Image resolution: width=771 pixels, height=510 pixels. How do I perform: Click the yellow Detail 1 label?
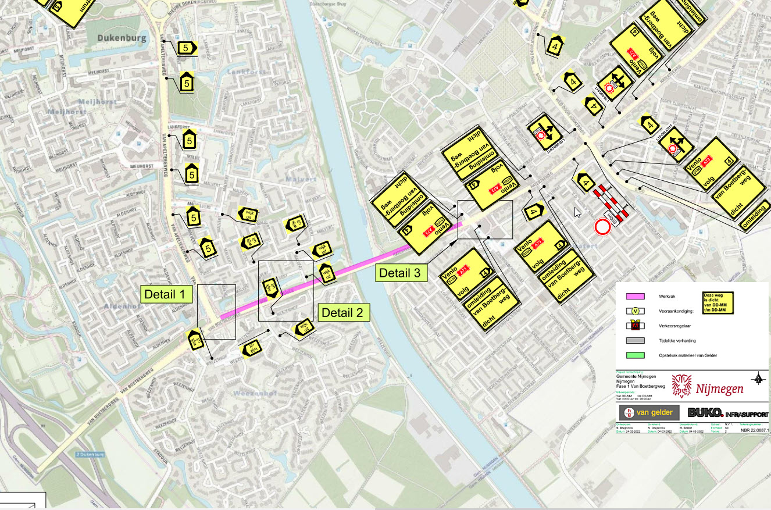[x=167, y=294]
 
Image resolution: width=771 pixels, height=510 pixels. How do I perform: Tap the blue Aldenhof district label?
[x=119, y=306]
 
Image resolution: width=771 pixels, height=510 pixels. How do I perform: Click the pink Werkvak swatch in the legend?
[x=635, y=297]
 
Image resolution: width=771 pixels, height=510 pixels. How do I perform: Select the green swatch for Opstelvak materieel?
[x=635, y=355]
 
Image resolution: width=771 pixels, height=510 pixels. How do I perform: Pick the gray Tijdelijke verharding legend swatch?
[x=635, y=341]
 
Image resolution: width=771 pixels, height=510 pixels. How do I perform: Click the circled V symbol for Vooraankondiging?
[x=635, y=311]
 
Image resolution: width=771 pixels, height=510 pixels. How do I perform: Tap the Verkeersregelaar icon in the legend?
[x=635, y=326]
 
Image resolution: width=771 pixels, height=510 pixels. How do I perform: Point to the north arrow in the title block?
[x=759, y=379]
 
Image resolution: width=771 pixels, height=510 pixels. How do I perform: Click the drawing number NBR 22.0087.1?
[x=755, y=431]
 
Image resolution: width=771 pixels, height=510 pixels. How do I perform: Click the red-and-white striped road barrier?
[x=611, y=204]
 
